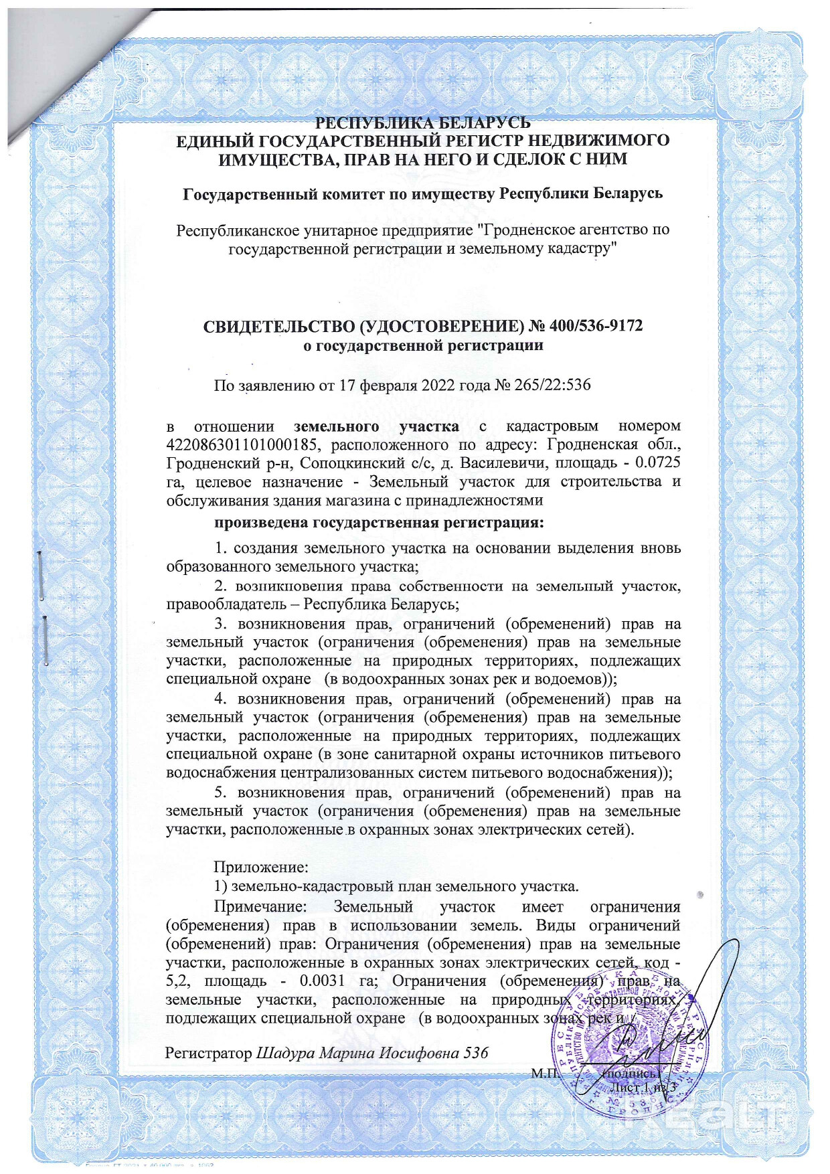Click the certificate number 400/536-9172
pos(596,326)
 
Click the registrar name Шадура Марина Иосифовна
pos(359,1052)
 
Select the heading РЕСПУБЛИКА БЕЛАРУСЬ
pos(422,123)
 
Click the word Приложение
pos(260,867)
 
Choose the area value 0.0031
pos(323,981)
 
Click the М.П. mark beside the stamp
pos(542,1074)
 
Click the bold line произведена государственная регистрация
pos(379,522)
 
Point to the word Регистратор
pos(208,1052)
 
